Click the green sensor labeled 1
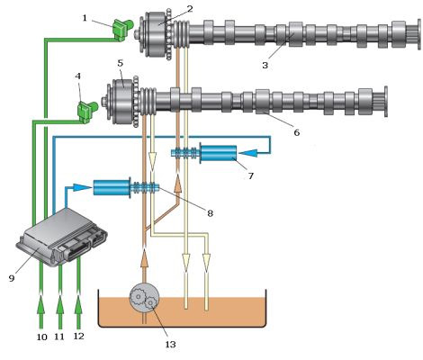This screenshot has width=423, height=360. (122, 29)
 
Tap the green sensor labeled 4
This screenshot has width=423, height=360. (87, 112)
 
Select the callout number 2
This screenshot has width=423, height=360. (190, 9)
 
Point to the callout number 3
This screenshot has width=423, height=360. (265, 65)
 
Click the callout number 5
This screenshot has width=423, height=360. (121, 63)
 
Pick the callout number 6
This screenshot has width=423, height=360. (296, 132)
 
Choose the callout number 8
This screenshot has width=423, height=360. (210, 213)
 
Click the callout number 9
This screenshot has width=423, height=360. (12, 278)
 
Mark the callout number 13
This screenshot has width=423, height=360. (170, 344)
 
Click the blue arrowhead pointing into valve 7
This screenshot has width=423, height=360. (248, 153)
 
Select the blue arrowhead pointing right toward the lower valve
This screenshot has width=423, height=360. (83, 187)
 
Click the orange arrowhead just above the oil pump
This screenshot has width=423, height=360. (144, 258)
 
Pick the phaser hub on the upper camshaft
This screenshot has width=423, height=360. (155, 34)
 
